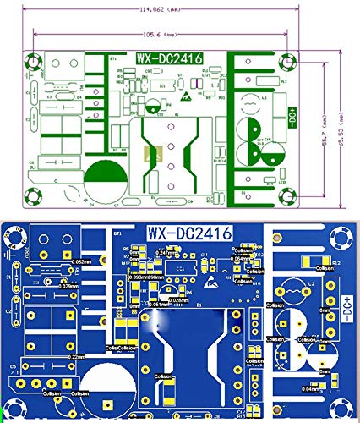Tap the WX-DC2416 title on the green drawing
click(x=167, y=59)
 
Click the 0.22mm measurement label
click(x=76, y=358)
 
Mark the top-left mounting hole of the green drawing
click(x=35, y=61)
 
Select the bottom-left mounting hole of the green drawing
click(x=35, y=195)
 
